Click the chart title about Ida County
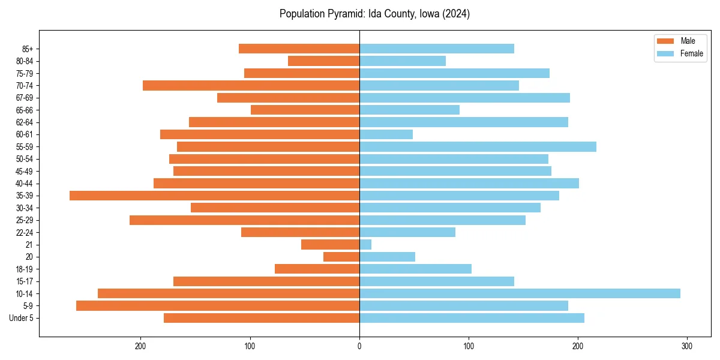374,14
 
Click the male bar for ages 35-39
214,196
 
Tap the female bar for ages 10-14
520,293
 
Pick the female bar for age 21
365,244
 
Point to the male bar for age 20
341,257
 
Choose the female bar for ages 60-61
386,134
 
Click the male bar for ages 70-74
251,85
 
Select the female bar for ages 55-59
478,146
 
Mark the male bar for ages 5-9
218,305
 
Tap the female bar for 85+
437,49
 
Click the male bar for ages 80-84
323,61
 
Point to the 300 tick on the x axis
687,346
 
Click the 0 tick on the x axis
359,346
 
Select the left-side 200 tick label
141,346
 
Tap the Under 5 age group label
21,318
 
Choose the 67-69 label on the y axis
25,98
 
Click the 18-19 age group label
25,269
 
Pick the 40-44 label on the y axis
25,184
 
